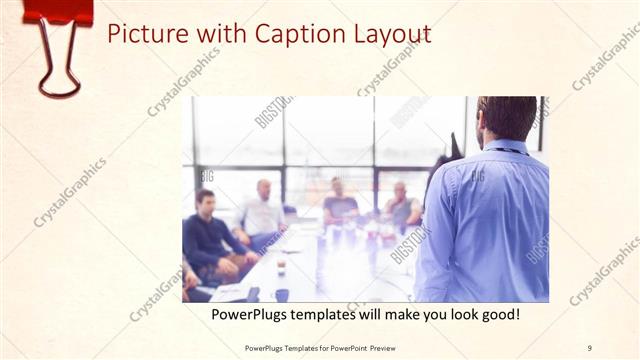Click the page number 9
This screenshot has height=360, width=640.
click(x=589, y=348)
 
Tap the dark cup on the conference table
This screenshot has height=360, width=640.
click(x=282, y=294)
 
